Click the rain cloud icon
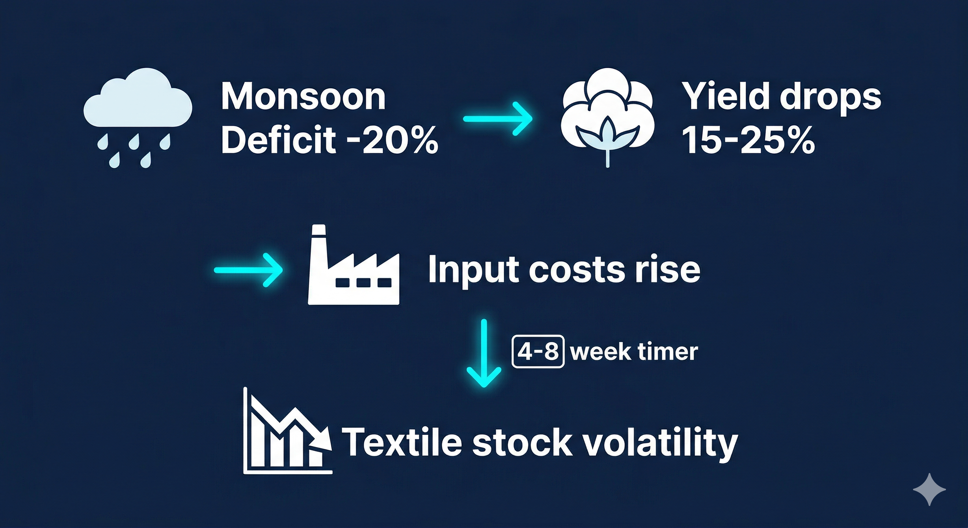[137, 113]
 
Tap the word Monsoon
[304, 97]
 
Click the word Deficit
[278, 140]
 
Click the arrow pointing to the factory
[248, 270]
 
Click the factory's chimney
[319, 241]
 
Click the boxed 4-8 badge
[538, 351]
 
